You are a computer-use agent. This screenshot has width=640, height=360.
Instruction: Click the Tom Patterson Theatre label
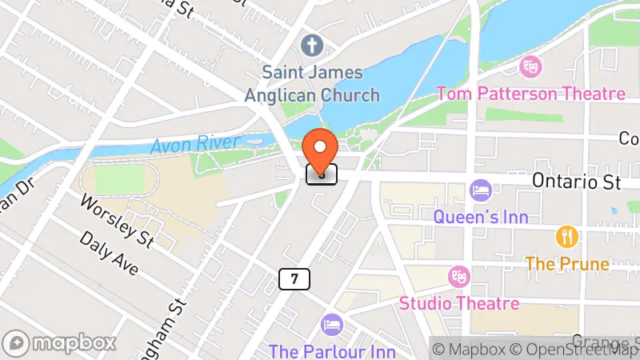click(530, 94)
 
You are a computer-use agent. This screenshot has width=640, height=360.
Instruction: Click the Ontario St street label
click(577, 182)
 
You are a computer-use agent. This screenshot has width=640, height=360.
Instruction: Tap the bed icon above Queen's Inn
click(479, 190)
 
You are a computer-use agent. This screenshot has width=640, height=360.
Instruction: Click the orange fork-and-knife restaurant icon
click(566, 237)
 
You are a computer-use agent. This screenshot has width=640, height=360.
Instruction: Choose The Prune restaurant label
click(566, 262)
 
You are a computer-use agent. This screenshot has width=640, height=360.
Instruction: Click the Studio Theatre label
click(459, 304)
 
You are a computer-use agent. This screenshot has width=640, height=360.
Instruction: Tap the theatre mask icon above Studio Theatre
click(459, 277)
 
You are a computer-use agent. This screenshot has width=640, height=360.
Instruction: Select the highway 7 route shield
click(294, 279)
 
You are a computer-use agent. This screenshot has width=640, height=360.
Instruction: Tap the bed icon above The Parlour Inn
click(330, 325)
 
